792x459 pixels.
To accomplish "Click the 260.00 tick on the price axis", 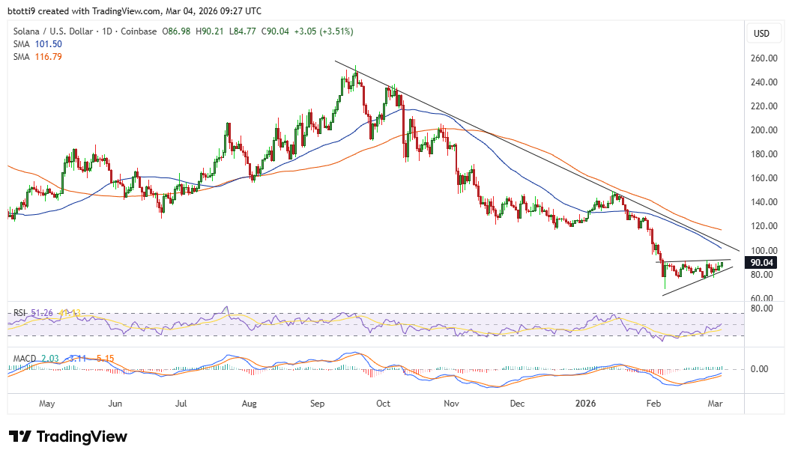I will (762, 58).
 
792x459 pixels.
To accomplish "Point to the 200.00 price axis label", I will (762, 130).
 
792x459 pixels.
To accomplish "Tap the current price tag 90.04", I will (762, 263).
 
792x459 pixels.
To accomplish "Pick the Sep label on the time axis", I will (316, 403).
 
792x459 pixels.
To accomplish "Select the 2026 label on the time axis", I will (587, 403).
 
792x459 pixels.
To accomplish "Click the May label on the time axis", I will (46, 403).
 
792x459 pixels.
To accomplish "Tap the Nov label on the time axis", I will (451, 403).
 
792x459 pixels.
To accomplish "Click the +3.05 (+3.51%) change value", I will (325, 31).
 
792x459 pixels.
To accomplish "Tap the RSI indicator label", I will (20, 312).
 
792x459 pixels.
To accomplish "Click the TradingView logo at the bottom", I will (68, 437).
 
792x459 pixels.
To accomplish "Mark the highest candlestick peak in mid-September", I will (355, 66).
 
